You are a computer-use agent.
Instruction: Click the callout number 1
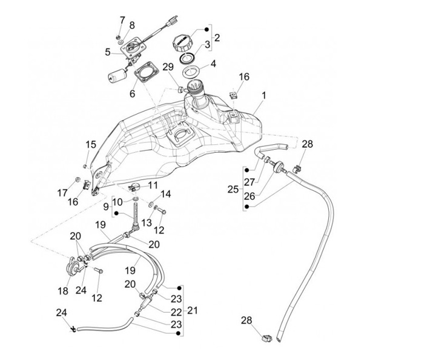(x=264, y=96)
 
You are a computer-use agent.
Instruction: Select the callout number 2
(x=217, y=38)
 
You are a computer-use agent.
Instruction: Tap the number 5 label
(x=107, y=52)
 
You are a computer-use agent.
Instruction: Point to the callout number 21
(x=193, y=310)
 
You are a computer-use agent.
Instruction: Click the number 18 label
(x=63, y=291)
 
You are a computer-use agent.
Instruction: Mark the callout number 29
(x=168, y=66)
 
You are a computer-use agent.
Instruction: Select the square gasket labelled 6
(x=144, y=76)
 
